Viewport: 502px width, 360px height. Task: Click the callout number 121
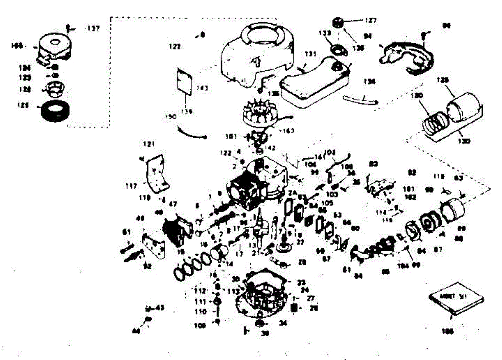pyautogui.click(x=149, y=144)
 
